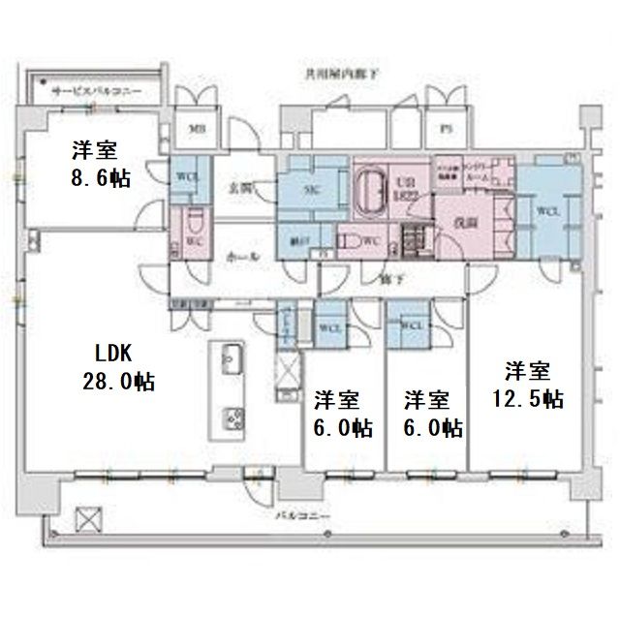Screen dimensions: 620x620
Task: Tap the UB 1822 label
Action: point(405,185)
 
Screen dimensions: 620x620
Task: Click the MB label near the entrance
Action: point(197,127)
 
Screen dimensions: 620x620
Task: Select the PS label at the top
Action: point(447,127)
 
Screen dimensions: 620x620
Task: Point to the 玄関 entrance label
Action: point(240,190)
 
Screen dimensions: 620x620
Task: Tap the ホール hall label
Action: point(241,256)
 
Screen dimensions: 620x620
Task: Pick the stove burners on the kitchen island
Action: point(233,418)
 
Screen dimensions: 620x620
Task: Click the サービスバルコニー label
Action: point(96,91)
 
